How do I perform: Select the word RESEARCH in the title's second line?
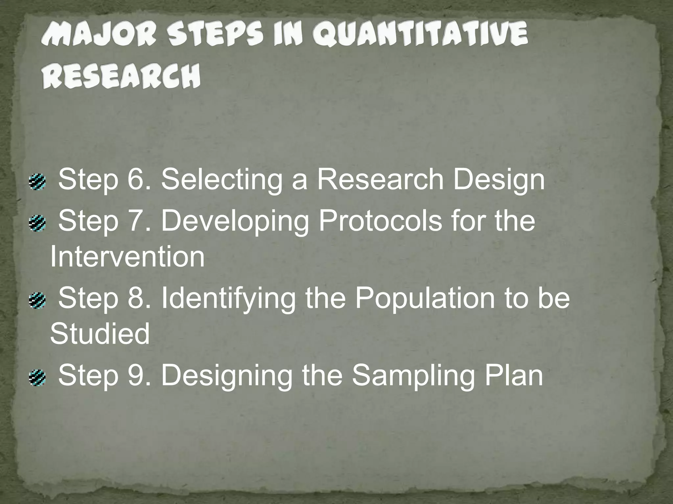coord(121,76)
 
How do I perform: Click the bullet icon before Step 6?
coord(37,182)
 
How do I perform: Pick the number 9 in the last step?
coord(135,375)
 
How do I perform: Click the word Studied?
coord(100,333)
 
